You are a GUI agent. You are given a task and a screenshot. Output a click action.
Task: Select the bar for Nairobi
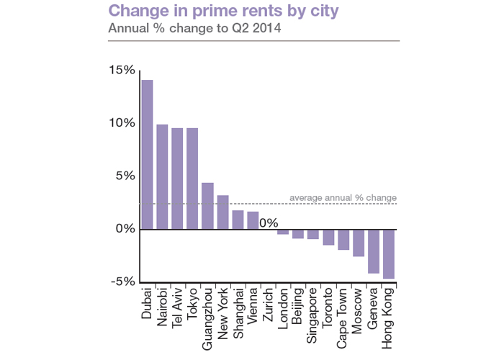point(162,176)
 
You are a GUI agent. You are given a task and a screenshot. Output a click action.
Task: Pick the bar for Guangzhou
point(207,206)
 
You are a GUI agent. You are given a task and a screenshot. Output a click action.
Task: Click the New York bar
point(222,212)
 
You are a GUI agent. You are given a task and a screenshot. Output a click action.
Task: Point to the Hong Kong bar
point(389,253)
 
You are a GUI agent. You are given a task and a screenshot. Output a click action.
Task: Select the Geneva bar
point(374,251)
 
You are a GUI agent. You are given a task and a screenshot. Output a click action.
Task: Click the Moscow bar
point(359,243)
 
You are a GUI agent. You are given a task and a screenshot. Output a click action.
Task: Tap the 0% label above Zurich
point(269,223)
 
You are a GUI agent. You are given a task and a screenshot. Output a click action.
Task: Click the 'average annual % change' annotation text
point(343,198)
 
